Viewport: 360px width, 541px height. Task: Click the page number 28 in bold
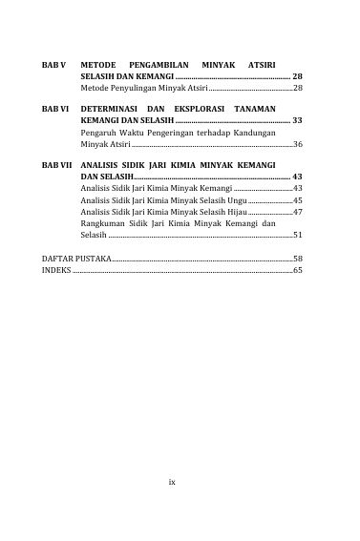tap(297, 73)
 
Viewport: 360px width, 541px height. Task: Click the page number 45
tap(298, 201)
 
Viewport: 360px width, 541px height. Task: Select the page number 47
tap(298, 213)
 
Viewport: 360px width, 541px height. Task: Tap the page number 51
tap(298, 235)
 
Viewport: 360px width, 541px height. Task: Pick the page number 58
tap(298, 259)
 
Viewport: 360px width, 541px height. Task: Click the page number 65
tap(298, 271)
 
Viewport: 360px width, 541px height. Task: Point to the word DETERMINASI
tap(111, 110)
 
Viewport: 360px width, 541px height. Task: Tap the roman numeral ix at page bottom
tap(172, 483)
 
